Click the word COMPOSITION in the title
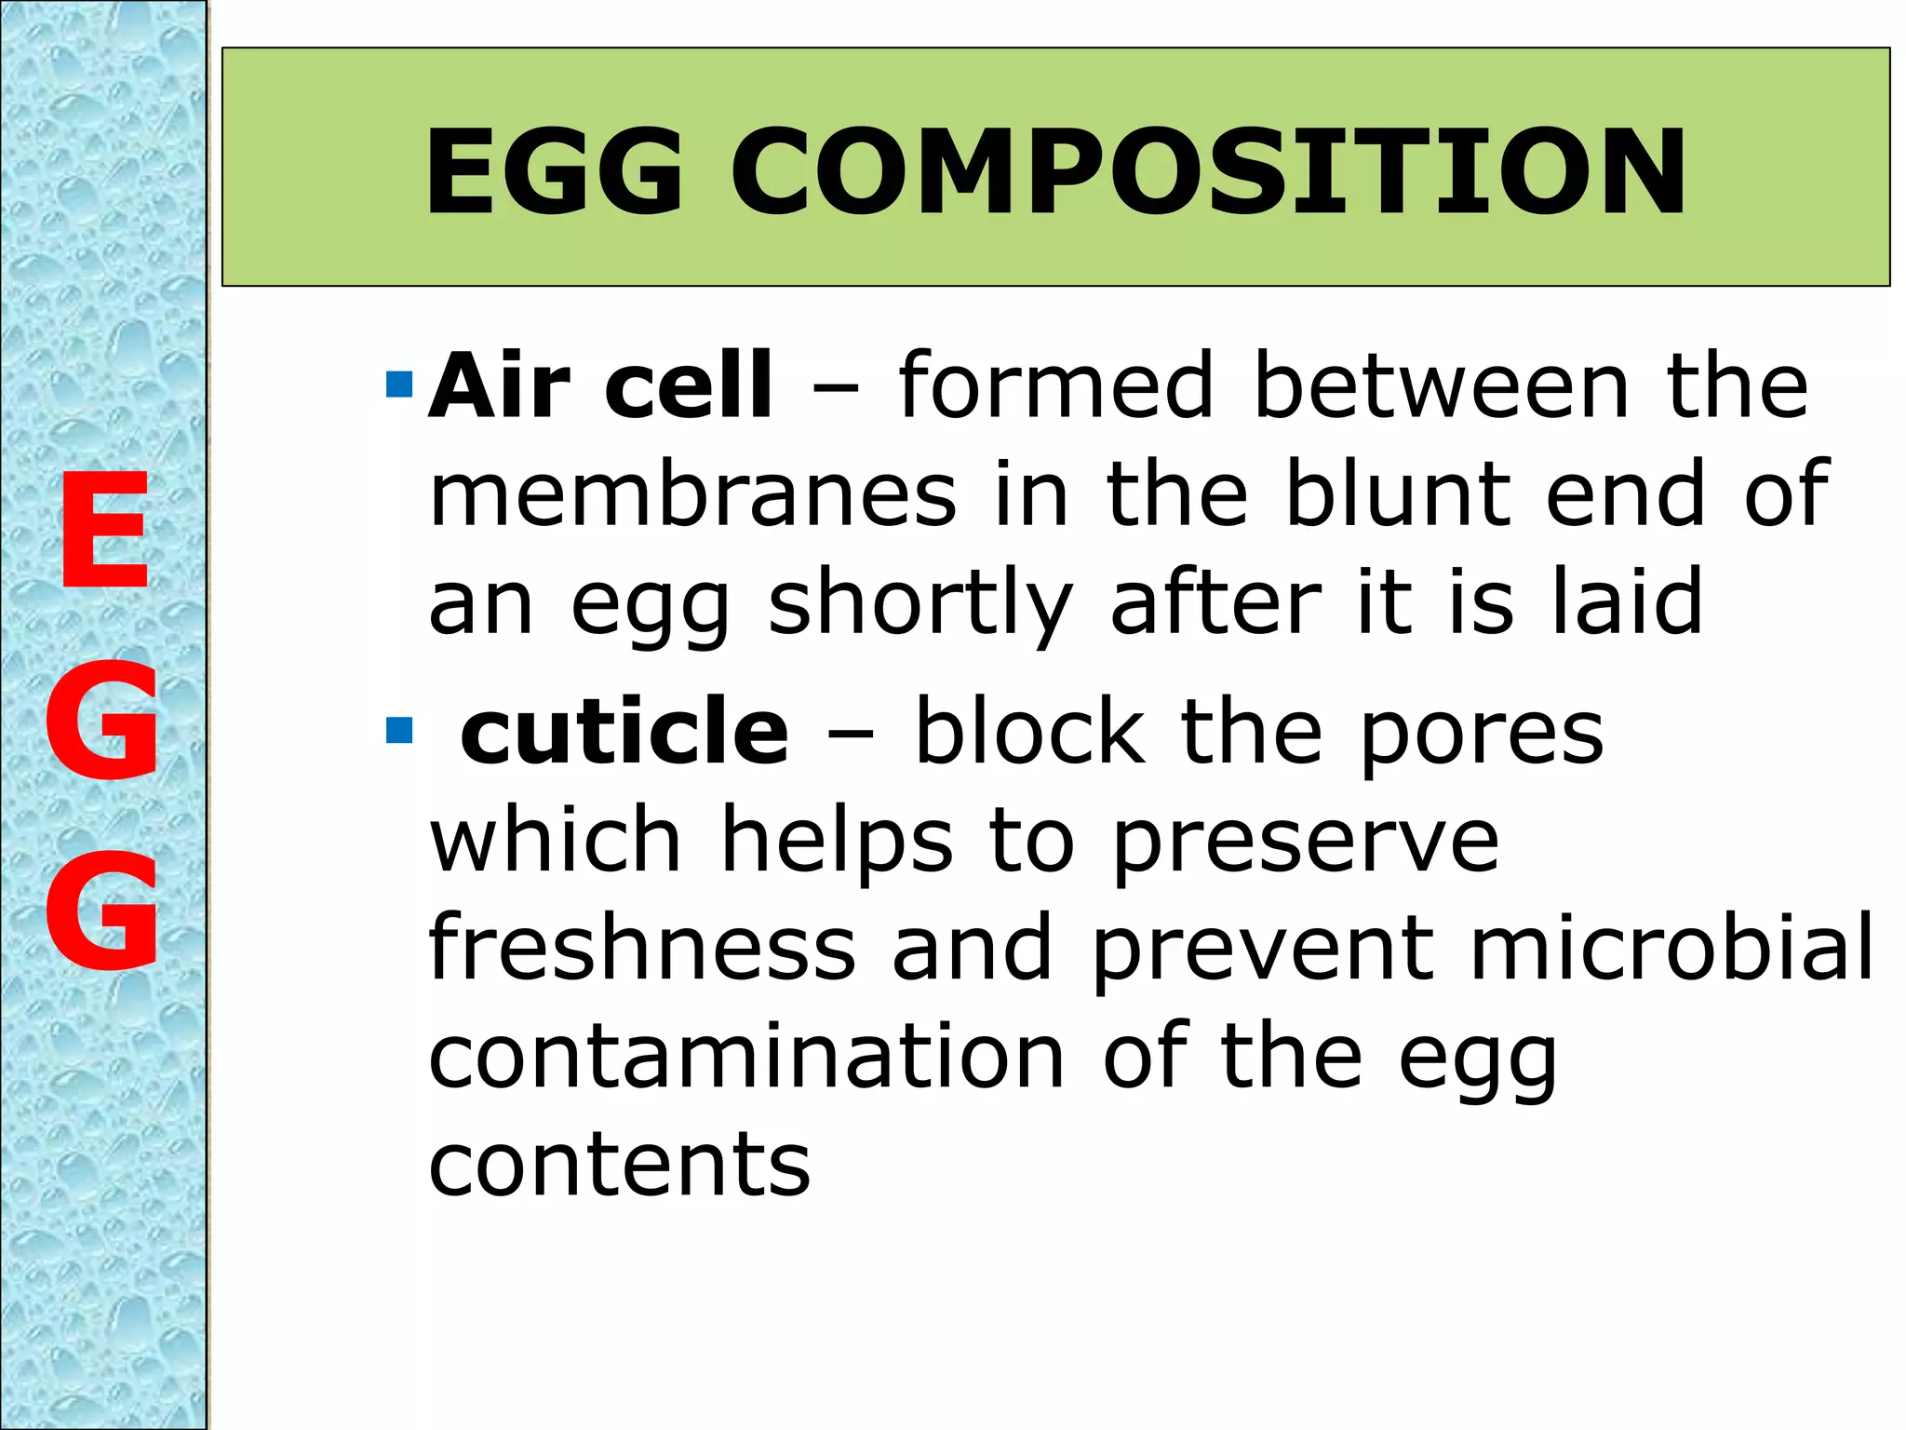click(1208, 172)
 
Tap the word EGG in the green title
click(555, 172)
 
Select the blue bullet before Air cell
click(398, 384)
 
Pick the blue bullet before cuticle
click(398, 731)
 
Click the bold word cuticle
click(624, 733)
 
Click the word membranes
click(692, 493)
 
